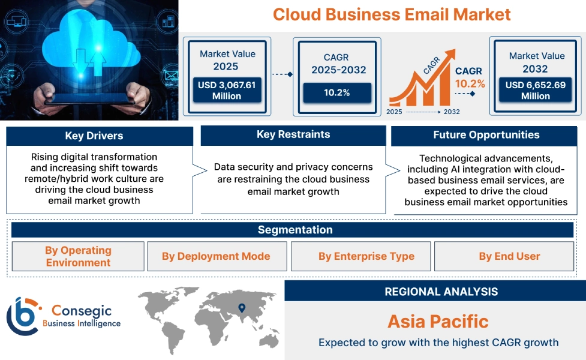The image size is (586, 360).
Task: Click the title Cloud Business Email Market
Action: [x=392, y=14]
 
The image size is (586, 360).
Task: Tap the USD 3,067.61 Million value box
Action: [x=227, y=90]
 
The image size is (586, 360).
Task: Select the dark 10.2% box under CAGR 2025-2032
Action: [x=336, y=92]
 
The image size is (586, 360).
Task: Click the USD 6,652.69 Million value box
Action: [x=535, y=90]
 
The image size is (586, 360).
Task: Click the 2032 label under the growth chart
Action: [x=452, y=112]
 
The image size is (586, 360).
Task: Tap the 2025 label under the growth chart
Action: [x=394, y=112]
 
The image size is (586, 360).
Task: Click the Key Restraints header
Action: [x=293, y=134]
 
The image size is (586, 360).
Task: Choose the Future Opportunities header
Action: [x=486, y=135]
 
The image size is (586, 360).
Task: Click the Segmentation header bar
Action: [x=295, y=230]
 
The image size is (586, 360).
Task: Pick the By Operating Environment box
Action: [x=78, y=256]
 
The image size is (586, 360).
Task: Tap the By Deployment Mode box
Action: [x=216, y=256]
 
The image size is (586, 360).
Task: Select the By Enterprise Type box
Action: [x=366, y=256]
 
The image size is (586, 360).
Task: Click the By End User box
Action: [x=509, y=256]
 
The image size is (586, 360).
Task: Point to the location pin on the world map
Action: [x=242, y=308]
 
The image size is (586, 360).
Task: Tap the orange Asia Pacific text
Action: [x=438, y=321]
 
